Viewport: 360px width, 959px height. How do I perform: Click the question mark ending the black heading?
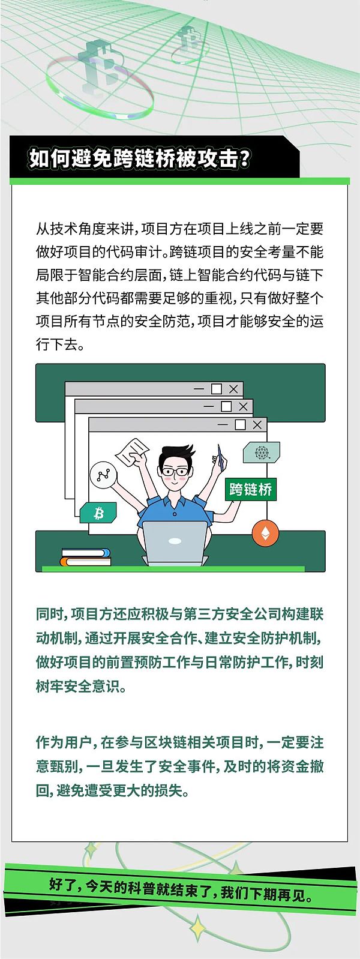244,159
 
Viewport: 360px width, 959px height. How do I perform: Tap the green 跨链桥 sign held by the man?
251,489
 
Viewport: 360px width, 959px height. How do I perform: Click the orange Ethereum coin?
265,534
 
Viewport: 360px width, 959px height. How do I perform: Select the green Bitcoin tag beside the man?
98,512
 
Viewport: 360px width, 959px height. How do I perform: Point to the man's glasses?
175,471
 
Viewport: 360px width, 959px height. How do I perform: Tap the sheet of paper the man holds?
133,452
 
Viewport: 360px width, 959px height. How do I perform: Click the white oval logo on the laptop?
175,541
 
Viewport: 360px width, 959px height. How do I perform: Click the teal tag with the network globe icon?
261,452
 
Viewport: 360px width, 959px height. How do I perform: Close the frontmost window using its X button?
257,425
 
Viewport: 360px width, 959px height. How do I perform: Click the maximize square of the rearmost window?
217,389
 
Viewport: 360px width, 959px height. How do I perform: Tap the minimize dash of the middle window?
208,406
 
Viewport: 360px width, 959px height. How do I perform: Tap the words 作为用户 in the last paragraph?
64,742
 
